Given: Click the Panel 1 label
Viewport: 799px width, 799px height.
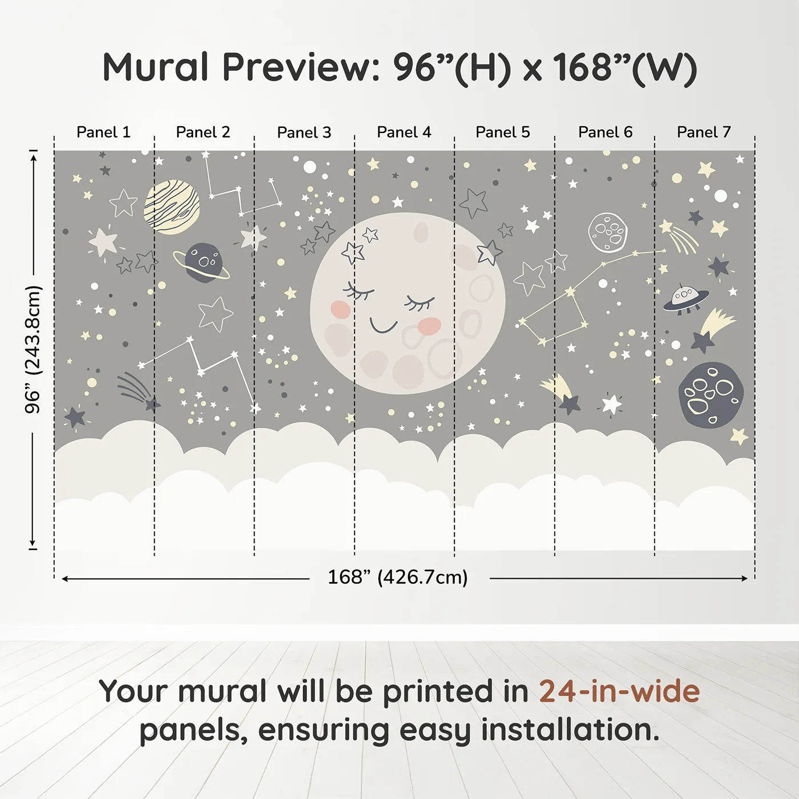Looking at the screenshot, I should tap(103, 132).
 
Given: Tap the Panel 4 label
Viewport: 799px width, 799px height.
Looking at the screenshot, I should tap(403, 132).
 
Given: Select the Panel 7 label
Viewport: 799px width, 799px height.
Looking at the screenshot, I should tap(704, 132).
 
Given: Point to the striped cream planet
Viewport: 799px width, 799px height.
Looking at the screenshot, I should tap(172, 207).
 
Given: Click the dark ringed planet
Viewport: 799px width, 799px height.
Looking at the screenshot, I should tap(203, 263).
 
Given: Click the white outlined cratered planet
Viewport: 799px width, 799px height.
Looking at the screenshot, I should tap(608, 232).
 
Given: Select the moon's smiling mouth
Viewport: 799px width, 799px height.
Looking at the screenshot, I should tap(383, 326).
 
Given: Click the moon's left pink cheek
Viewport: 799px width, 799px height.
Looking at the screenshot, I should tap(340, 309).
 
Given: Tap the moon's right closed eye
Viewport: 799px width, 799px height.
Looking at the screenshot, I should tap(419, 303).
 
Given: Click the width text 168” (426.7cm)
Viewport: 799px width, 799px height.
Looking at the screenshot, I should tap(398, 578).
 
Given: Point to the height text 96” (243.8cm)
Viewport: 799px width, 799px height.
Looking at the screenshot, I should tap(33, 349).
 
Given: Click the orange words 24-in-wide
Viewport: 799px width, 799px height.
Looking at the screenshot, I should tap(619, 692).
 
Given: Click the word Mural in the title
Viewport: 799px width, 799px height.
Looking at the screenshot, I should tap(155, 67).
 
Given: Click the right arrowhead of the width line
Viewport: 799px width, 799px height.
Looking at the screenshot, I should tap(744, 579).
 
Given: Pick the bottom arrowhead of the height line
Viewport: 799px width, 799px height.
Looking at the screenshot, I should tap(33, 543).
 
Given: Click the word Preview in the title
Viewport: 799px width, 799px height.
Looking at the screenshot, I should tap(297, 67).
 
